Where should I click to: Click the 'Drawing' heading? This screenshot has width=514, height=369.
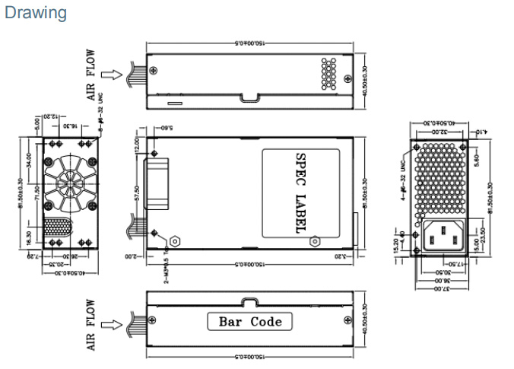pos(35,13)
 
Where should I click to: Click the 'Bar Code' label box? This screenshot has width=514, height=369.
pos(249,321)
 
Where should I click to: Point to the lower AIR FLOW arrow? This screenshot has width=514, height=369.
pos(109,325)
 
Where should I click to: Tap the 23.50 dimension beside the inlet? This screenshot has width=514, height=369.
pos(483,237)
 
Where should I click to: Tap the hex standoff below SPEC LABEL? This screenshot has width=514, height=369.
pos(315,241)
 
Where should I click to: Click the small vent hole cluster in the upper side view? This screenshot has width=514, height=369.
pos(328,72)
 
